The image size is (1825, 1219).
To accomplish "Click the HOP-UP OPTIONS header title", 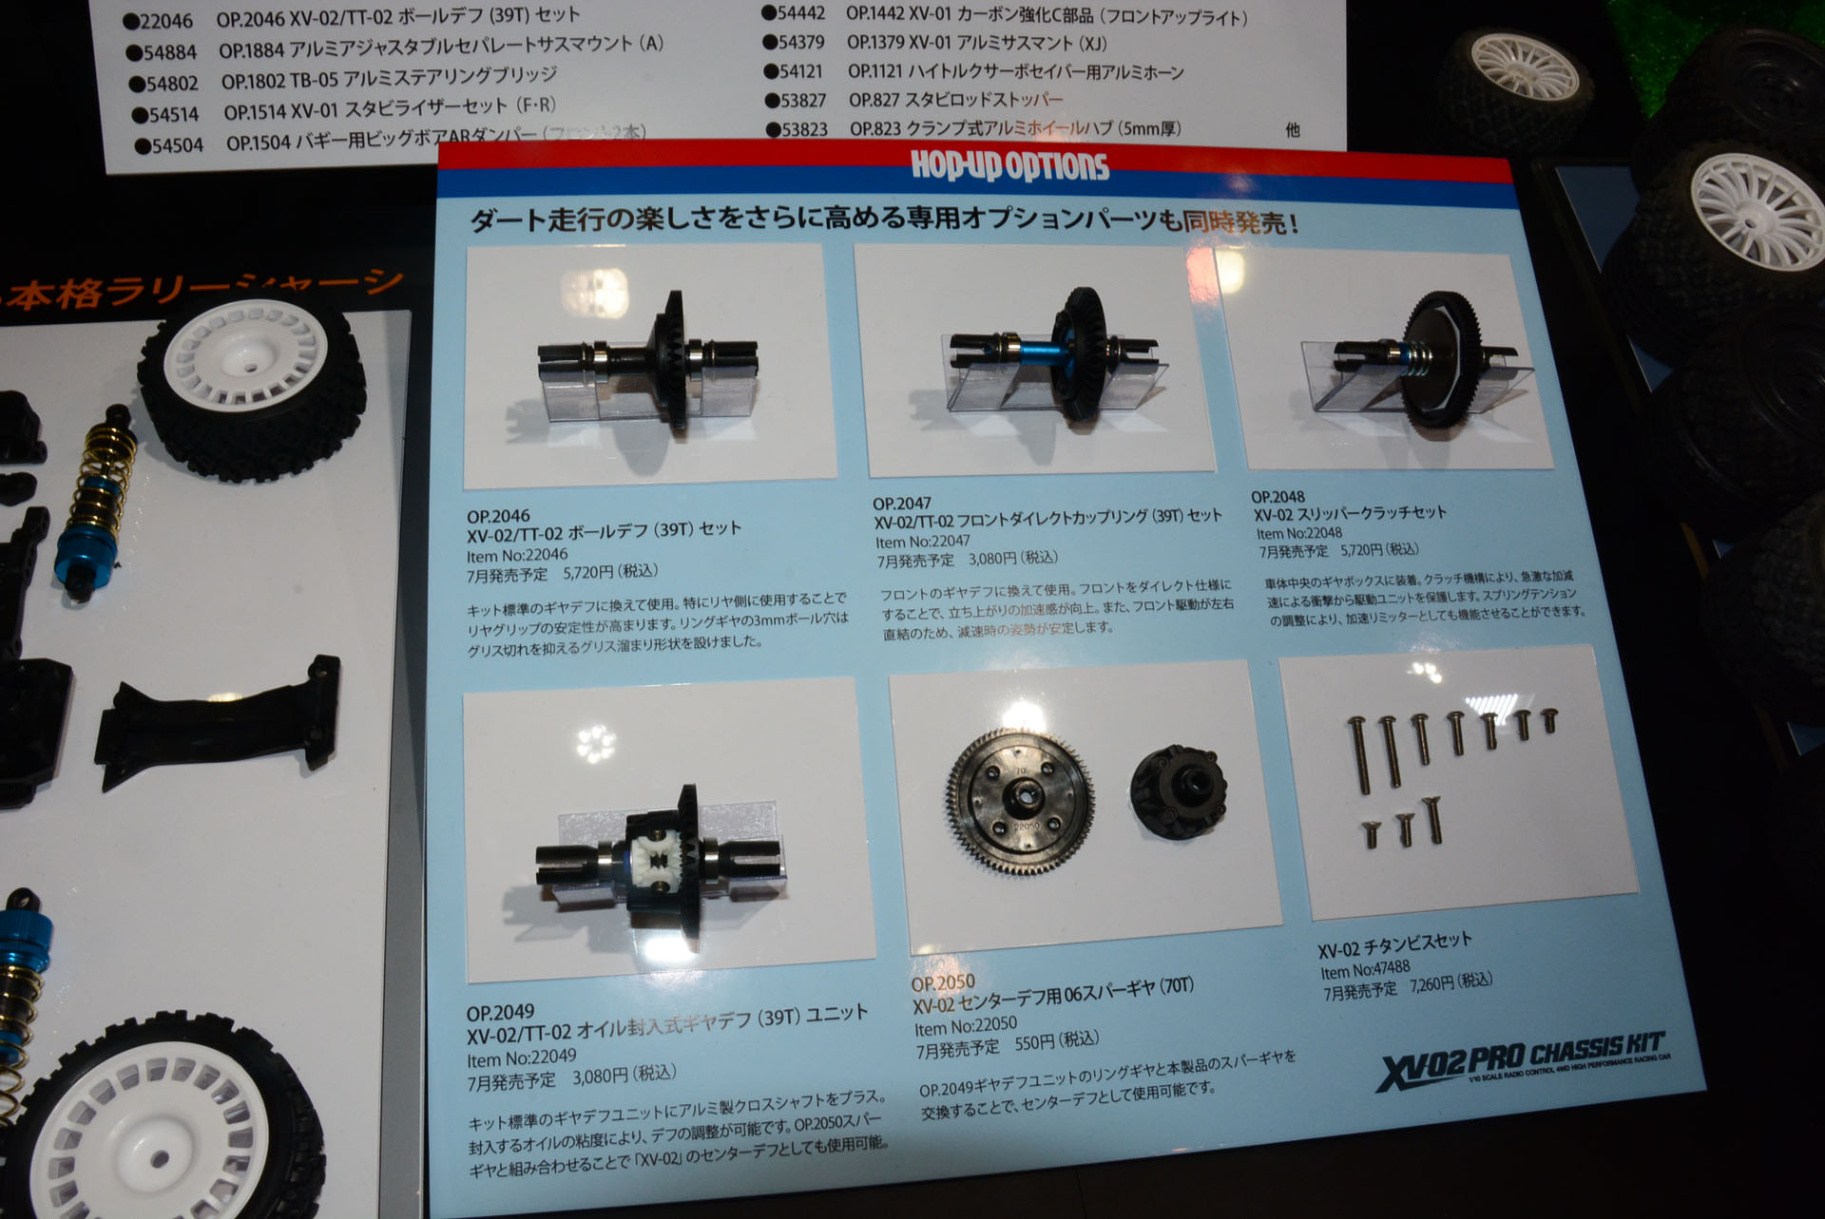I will click(x=1009, y=166).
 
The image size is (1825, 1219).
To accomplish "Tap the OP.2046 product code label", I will click(x=498, y=517).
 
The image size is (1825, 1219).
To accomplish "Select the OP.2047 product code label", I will click(x=901, y=504).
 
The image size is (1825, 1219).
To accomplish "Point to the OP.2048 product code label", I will click(x=1277, y=497).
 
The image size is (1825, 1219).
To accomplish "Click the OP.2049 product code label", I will click(x=500, y=1013).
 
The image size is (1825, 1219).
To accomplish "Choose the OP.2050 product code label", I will click(x=943, y=983).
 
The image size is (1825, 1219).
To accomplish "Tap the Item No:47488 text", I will click(x=1365, y=970).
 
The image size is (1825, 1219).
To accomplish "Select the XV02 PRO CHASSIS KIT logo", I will click(x=1520, y=1058).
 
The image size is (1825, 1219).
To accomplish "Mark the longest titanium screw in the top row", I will click(x=1358, y=755).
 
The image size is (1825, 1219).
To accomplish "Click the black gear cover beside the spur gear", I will click(x=1179, y=790).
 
